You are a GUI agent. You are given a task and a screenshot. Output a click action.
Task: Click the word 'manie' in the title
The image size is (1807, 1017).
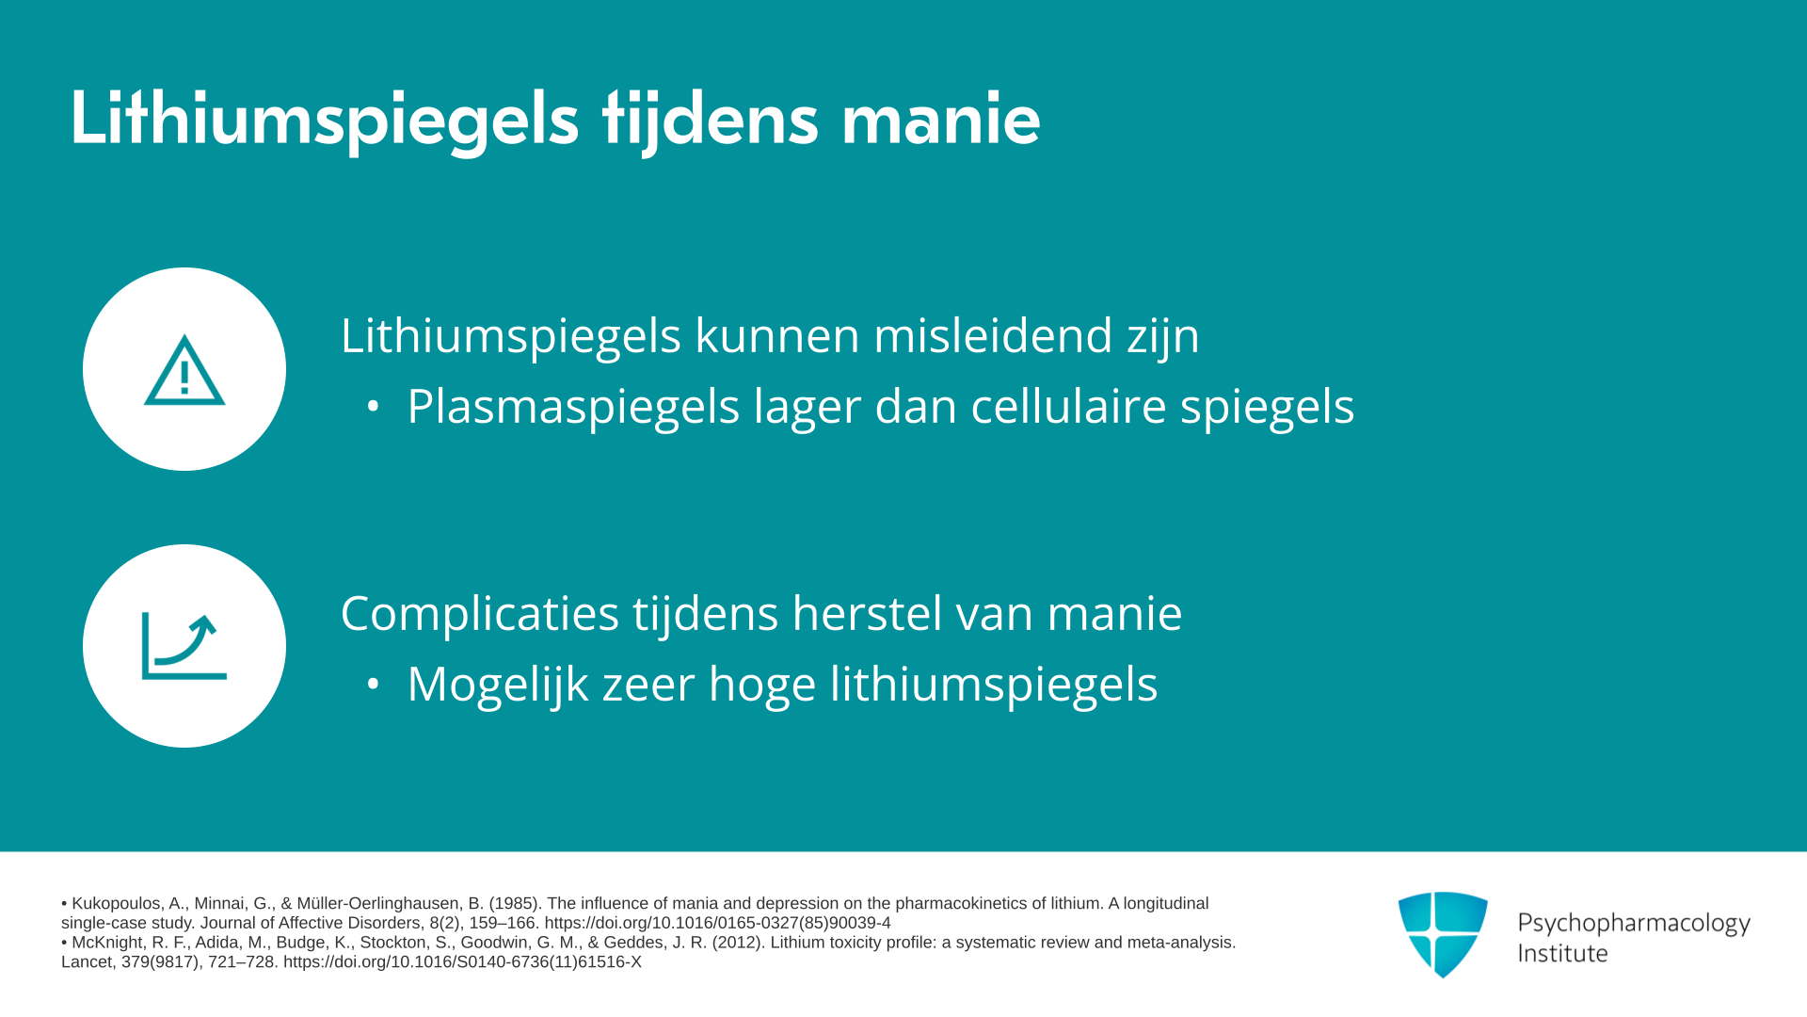coord(940,120)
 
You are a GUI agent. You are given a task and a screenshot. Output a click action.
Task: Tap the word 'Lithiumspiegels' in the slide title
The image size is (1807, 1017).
coord(325,121)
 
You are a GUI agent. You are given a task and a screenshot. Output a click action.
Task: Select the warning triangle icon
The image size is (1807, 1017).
coord(184,370)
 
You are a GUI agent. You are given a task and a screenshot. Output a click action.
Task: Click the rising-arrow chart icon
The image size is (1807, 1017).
coord(184,646)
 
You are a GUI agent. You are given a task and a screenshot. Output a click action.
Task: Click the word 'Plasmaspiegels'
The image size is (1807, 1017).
coord(573,407)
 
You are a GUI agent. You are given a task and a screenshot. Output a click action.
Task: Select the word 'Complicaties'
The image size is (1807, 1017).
coord(480,614)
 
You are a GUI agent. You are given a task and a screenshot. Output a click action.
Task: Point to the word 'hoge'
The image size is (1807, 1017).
coord(762,685)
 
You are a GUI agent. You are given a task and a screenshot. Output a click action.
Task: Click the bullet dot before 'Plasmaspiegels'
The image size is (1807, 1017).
coord(374,407)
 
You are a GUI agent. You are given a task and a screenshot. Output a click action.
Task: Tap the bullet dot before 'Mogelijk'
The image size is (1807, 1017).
coord(374,685)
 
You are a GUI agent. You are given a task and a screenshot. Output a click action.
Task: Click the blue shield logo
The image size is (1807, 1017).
coord(1443,934)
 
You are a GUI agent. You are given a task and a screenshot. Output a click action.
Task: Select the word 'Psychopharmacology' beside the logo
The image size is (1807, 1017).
coord(1634,924)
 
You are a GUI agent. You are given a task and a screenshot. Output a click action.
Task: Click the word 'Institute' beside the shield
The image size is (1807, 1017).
coord(1562,953)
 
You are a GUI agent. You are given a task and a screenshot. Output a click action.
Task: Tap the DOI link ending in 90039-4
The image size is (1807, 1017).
coord(717,923)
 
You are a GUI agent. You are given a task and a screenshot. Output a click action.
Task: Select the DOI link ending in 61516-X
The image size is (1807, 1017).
coord(462,962)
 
